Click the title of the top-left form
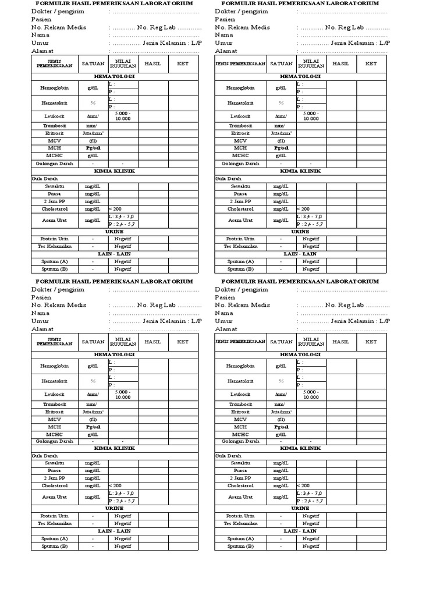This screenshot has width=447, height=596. point(114,3)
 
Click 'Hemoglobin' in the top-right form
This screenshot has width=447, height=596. point(240,88)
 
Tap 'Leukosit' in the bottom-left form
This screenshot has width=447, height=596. point(54,394)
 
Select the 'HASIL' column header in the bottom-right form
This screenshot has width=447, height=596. point(340,342)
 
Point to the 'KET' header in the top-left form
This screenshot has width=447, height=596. point(183,63)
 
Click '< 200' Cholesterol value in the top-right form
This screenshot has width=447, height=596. point(303,209)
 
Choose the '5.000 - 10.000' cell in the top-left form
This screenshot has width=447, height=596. point(123,116)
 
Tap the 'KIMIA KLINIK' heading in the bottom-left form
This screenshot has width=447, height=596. point(114,448)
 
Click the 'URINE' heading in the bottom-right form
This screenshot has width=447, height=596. point(300,508)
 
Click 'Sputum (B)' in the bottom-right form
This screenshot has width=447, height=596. point(240,547)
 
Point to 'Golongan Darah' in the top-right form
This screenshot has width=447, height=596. point(240,164)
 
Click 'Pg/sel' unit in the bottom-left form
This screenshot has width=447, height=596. point(93,427)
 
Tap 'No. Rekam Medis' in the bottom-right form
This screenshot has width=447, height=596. point(242,305)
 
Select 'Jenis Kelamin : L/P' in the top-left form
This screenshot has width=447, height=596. point(172,43)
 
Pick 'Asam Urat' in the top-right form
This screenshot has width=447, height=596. point(240,220)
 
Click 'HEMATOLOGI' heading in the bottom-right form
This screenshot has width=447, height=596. point(300,354)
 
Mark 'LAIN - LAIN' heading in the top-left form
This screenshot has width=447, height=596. point(114,254)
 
